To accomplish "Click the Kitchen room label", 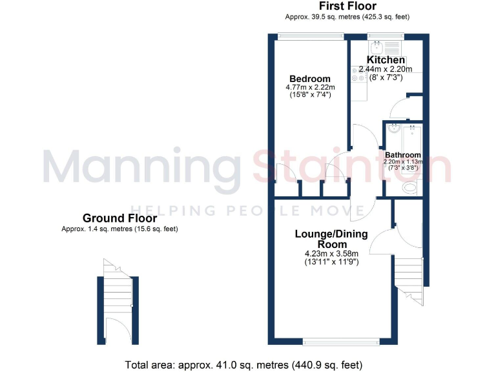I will click(x=386, y=60).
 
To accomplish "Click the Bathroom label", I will click(x=403, y=155).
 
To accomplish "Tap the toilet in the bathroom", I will click(x=409, y=188).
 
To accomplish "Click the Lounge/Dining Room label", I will click(x=331, y=238).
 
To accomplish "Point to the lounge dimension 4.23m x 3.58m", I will click(x=331, y=254).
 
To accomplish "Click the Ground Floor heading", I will click(x=119, y=219).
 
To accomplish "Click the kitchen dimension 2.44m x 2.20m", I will click(x=386, y=69).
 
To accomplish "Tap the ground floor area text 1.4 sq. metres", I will click(x=119, y=229).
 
